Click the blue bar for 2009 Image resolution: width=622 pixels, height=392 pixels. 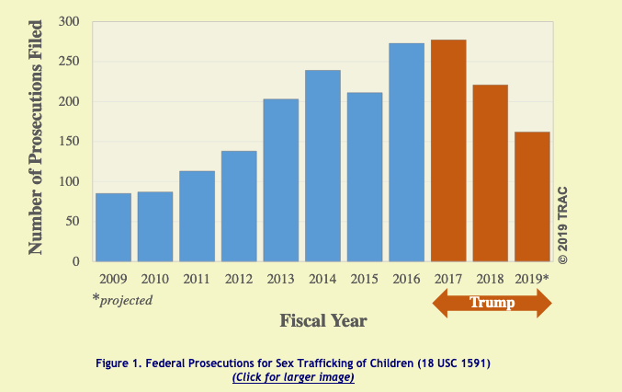113,226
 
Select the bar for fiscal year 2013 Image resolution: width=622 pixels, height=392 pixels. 281,179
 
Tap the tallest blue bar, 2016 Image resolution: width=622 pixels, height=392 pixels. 407,152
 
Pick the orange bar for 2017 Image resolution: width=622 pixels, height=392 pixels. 448,150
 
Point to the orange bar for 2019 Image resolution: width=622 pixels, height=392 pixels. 532,196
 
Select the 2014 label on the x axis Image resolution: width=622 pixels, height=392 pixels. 322,278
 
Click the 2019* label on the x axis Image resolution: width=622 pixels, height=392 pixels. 533,278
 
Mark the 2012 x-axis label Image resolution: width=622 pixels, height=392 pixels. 239,278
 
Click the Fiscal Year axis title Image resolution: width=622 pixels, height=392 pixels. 323,320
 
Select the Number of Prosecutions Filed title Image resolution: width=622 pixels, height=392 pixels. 37,141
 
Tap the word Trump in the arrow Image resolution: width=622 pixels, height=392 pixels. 492,302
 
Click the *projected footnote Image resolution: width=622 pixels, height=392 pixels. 124,299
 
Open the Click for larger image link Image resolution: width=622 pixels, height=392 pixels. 293,376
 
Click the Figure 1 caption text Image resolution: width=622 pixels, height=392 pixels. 293,363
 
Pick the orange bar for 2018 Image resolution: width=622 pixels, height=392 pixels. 491,173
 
